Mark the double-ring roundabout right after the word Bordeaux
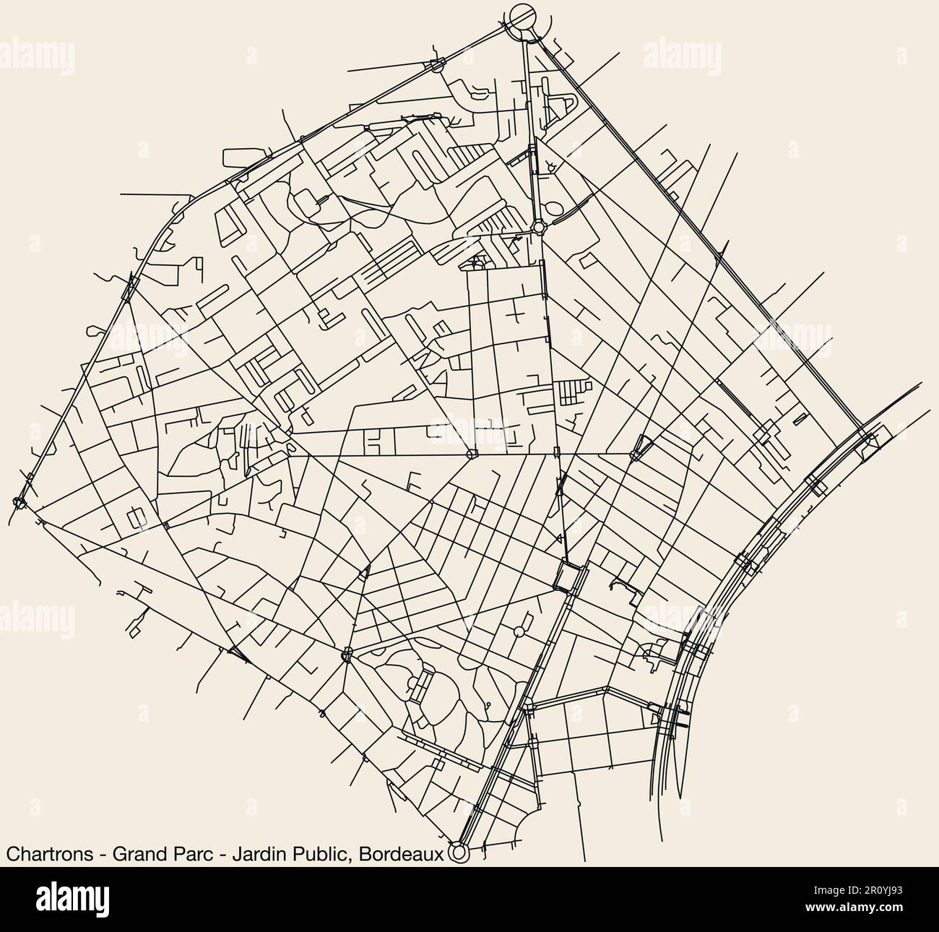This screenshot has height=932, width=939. click(x=457, y=853)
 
